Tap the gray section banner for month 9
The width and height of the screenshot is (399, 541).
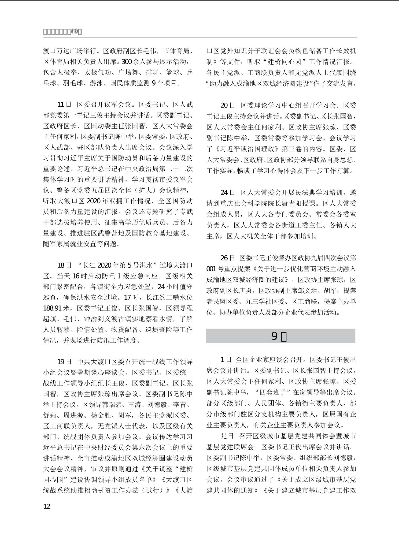[280, 336]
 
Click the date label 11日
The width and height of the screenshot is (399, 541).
[64, 105]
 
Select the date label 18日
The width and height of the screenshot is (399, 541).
[64, 265]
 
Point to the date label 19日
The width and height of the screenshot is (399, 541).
[64, 362]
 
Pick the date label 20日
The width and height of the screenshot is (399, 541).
[228, 105]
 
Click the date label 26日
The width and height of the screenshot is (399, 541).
[228, 258]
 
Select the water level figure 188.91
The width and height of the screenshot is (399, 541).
[52, 308]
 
